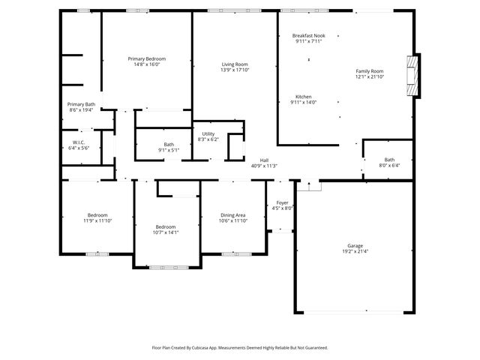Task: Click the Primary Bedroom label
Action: click(x=146, y=58)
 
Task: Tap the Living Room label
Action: click(x=235, y=64)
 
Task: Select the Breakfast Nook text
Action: click(x=308, y=35)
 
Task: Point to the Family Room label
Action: click(x=369, y=71)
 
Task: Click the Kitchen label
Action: click(x=303, y=97)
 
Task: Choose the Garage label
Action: click(x=354, y=245)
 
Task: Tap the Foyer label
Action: click(x=282, y=202)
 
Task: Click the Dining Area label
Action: click(x=232, y=214)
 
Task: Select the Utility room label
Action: click(x=208, y=133)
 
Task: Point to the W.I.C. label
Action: click(x=79, y=142)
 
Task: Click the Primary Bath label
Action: click(x=81, y=104)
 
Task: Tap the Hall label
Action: click(x=264, y=160)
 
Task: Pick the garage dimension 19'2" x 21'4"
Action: click(x=354, y=251)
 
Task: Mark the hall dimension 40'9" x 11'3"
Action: click(x=264, y=166)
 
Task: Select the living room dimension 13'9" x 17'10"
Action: click(x=235, y=70)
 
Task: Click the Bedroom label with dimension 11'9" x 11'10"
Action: click(x=97, y=214)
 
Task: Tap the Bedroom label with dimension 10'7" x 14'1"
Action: click(x=166, y=226)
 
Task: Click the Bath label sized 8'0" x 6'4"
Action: click(x=389, y=159)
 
